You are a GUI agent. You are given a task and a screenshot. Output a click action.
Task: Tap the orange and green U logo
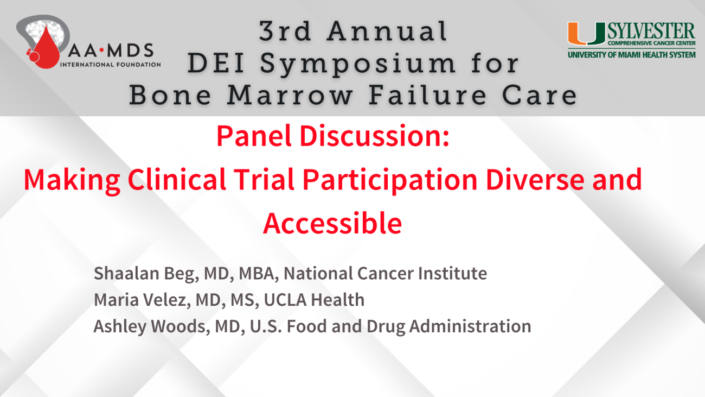587,33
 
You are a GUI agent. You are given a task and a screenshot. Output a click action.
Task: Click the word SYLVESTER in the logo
651,31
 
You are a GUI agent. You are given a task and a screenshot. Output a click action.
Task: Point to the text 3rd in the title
285,31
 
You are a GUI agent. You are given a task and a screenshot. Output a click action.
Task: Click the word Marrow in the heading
290,96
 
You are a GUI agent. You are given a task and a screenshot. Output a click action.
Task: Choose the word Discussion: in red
375,136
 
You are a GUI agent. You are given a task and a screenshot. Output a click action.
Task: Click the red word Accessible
332,223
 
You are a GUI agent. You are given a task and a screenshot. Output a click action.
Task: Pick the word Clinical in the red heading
177,180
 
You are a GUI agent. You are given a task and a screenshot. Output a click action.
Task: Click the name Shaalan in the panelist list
126,273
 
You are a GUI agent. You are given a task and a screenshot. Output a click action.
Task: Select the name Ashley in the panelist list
120,326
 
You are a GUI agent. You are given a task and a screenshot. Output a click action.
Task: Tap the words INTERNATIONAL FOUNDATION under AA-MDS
111,65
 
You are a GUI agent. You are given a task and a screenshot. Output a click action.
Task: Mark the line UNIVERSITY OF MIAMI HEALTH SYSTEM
632,55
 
